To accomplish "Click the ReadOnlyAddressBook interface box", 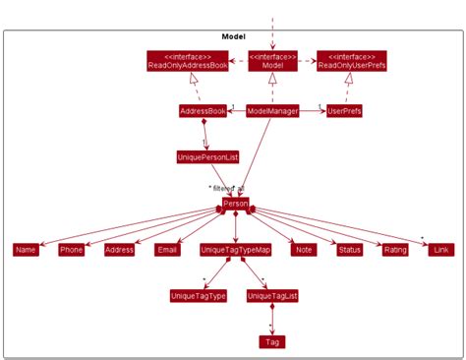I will pos(189,60).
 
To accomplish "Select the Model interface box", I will pos(271,60).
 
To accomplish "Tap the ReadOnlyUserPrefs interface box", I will pos(351,60).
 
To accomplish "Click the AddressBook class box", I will pos(204,111).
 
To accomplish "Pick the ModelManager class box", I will pos(272,111).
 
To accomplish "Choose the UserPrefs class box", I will pos(345,111).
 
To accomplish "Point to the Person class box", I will pos(236,204).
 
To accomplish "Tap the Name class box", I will pos(27,250).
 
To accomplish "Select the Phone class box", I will pos(72,250).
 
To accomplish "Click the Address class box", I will pos(119,250).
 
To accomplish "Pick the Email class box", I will pos(167,250).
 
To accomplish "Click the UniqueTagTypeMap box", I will pos(236,250).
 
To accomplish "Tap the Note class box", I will pos(304,250).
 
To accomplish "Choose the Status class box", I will pos(349,250).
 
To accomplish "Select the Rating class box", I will pos(395,250).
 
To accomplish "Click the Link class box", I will pos(440,250).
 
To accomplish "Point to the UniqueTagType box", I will pos(199,295).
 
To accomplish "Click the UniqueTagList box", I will pos(272,295).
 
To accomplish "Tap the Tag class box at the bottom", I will pos(272,341).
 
